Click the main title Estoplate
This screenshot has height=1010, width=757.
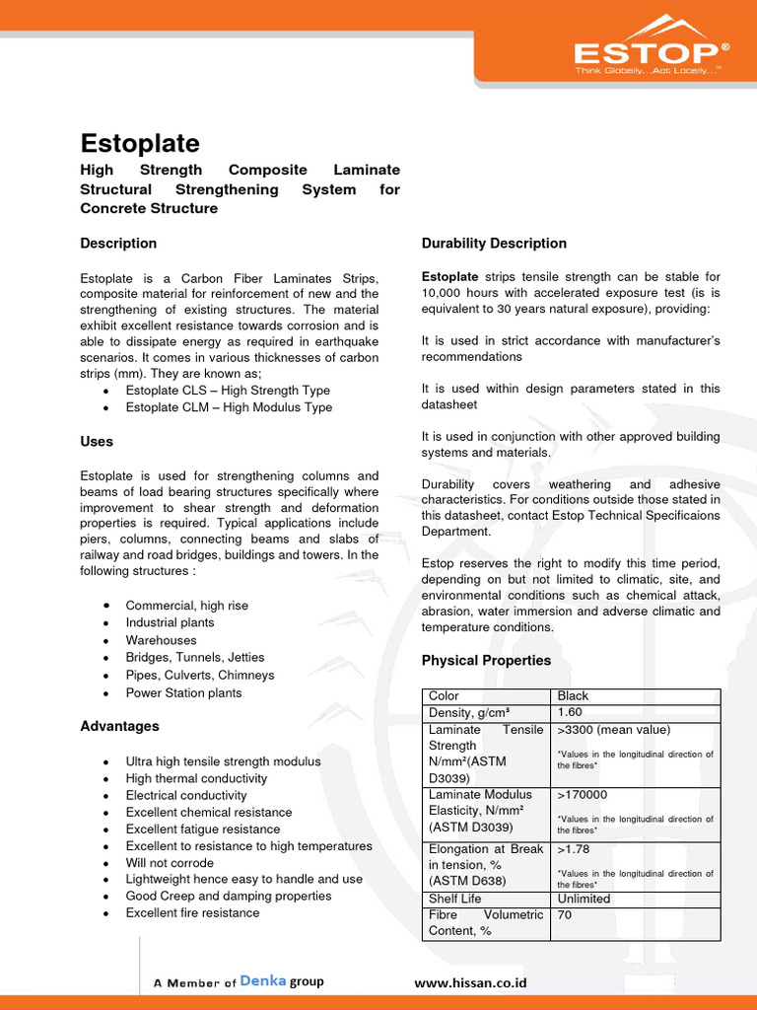(x=139, y=142)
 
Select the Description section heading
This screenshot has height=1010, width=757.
(x=118, y=243)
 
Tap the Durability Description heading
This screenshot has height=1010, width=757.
(x=494, y=243)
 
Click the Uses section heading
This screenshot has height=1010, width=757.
(x=97, y=441)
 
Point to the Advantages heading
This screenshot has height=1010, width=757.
(x=119, y=726)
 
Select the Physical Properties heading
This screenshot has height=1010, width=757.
(x=486, y=660)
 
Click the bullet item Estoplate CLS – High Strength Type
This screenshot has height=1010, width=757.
(x=228, y=391)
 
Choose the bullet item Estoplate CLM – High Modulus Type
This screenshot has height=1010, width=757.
(x=229, y=407)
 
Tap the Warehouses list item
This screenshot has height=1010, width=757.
(x=162, y=640)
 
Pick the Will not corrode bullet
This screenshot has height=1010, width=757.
(x=170, y=862)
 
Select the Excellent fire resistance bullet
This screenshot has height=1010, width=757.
(x=192, y=912)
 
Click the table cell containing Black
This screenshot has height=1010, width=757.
(x=573, y=695)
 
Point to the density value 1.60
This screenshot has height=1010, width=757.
(x=571, y=712)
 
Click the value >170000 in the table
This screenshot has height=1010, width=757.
(x=582, y=794)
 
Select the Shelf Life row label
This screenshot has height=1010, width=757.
(x=455, y=899)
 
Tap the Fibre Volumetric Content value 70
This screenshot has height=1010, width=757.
(x=565, y=914)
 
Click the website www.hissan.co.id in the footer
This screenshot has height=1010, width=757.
(x=470, y=982)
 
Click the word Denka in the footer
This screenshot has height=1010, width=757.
(x=262, y=981)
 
